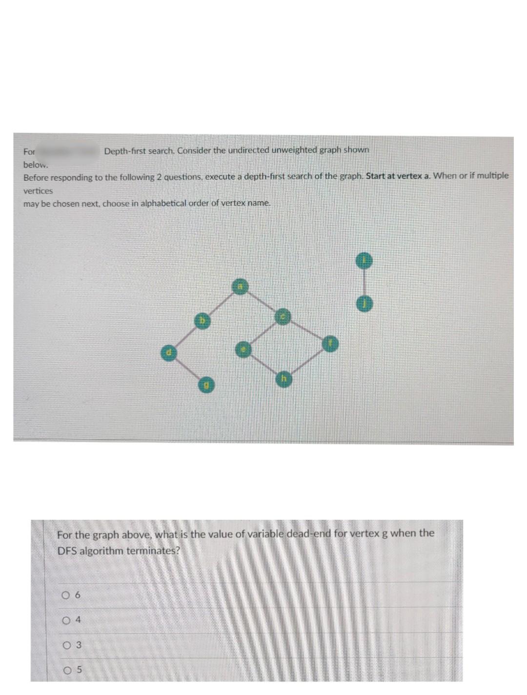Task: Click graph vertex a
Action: pyautogui.click(x=240, y=286)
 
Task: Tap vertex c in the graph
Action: pyautogui.click(x=283, y=317)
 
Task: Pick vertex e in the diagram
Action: pyautogui.click(x=243, y=349)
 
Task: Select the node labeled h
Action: pyautogui.click(x=284, y=379)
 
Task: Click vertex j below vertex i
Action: pyautogui.click(x=364, y=304)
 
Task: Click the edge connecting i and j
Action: pyautogui.click(x=364, y=283)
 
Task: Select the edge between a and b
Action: pyautogui.click(x=221, y=303)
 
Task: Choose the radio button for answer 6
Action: pyautogui.click(x=65, y=595)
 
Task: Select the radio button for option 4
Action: pyautogui.click(x=65, y=620)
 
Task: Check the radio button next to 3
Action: pyautogui.click(x=65, y=645)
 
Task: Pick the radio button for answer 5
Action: pyautogui.click(x=65, y=670)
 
